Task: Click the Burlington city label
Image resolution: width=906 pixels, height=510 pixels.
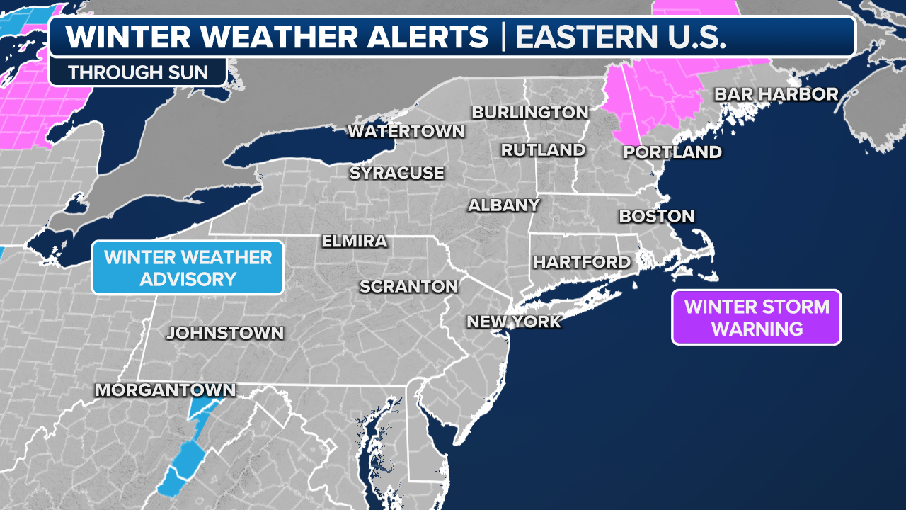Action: tap(530, 112)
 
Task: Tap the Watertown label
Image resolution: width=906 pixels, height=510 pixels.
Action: tap(406, 131)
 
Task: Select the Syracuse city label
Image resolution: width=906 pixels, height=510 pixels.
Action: tap(397, 173)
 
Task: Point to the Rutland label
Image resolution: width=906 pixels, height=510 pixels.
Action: tap(543, 150)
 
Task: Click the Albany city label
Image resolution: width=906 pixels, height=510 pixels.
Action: tap(504, 205)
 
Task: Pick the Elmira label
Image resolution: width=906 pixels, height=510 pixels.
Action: tap(355, 241)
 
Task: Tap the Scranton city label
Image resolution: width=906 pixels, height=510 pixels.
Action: tap(409, 287)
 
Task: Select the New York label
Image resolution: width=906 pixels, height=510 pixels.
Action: tap(514, 322)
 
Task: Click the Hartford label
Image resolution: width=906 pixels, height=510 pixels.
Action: tap(582, 262)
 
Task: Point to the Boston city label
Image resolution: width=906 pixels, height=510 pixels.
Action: tap(657, 216)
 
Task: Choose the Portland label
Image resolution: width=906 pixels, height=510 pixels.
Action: tap(672, 152)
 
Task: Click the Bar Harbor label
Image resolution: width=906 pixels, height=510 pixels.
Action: tap(776, 94)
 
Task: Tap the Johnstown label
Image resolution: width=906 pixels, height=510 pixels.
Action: tap(225, 333)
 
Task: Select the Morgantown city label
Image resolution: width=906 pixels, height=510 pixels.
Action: tap(165, 390)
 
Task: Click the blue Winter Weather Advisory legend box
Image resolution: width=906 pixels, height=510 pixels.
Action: tap(188, 268)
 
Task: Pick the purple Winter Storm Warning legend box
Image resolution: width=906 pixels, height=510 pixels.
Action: tap(756, 317)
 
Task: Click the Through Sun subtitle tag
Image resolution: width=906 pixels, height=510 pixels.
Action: tap(138, 72)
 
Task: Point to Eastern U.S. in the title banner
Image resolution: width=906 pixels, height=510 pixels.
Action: tap(621, 37)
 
